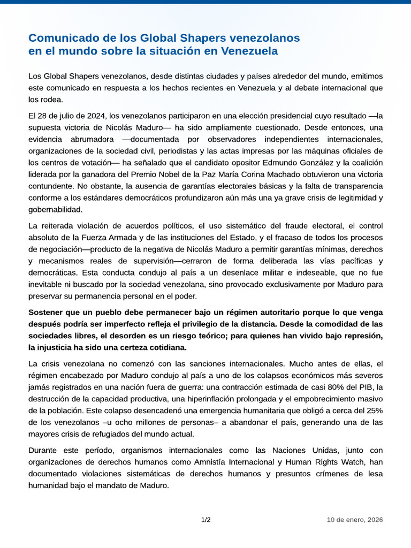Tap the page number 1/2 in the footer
click(206, 520)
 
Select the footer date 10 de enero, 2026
click(355, 520)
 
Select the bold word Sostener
click(47, 312)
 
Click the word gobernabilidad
click(56, 209)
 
